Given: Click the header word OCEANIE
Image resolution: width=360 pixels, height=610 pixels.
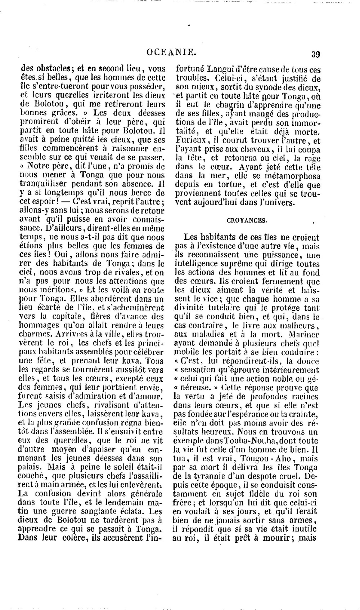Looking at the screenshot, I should tap(172, 53).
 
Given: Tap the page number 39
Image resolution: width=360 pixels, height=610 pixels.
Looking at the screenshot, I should tap(316, 54).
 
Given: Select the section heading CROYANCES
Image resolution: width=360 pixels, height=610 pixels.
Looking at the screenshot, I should tap(247, 220).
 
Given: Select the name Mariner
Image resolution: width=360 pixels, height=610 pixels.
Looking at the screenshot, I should tap(304, 335).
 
